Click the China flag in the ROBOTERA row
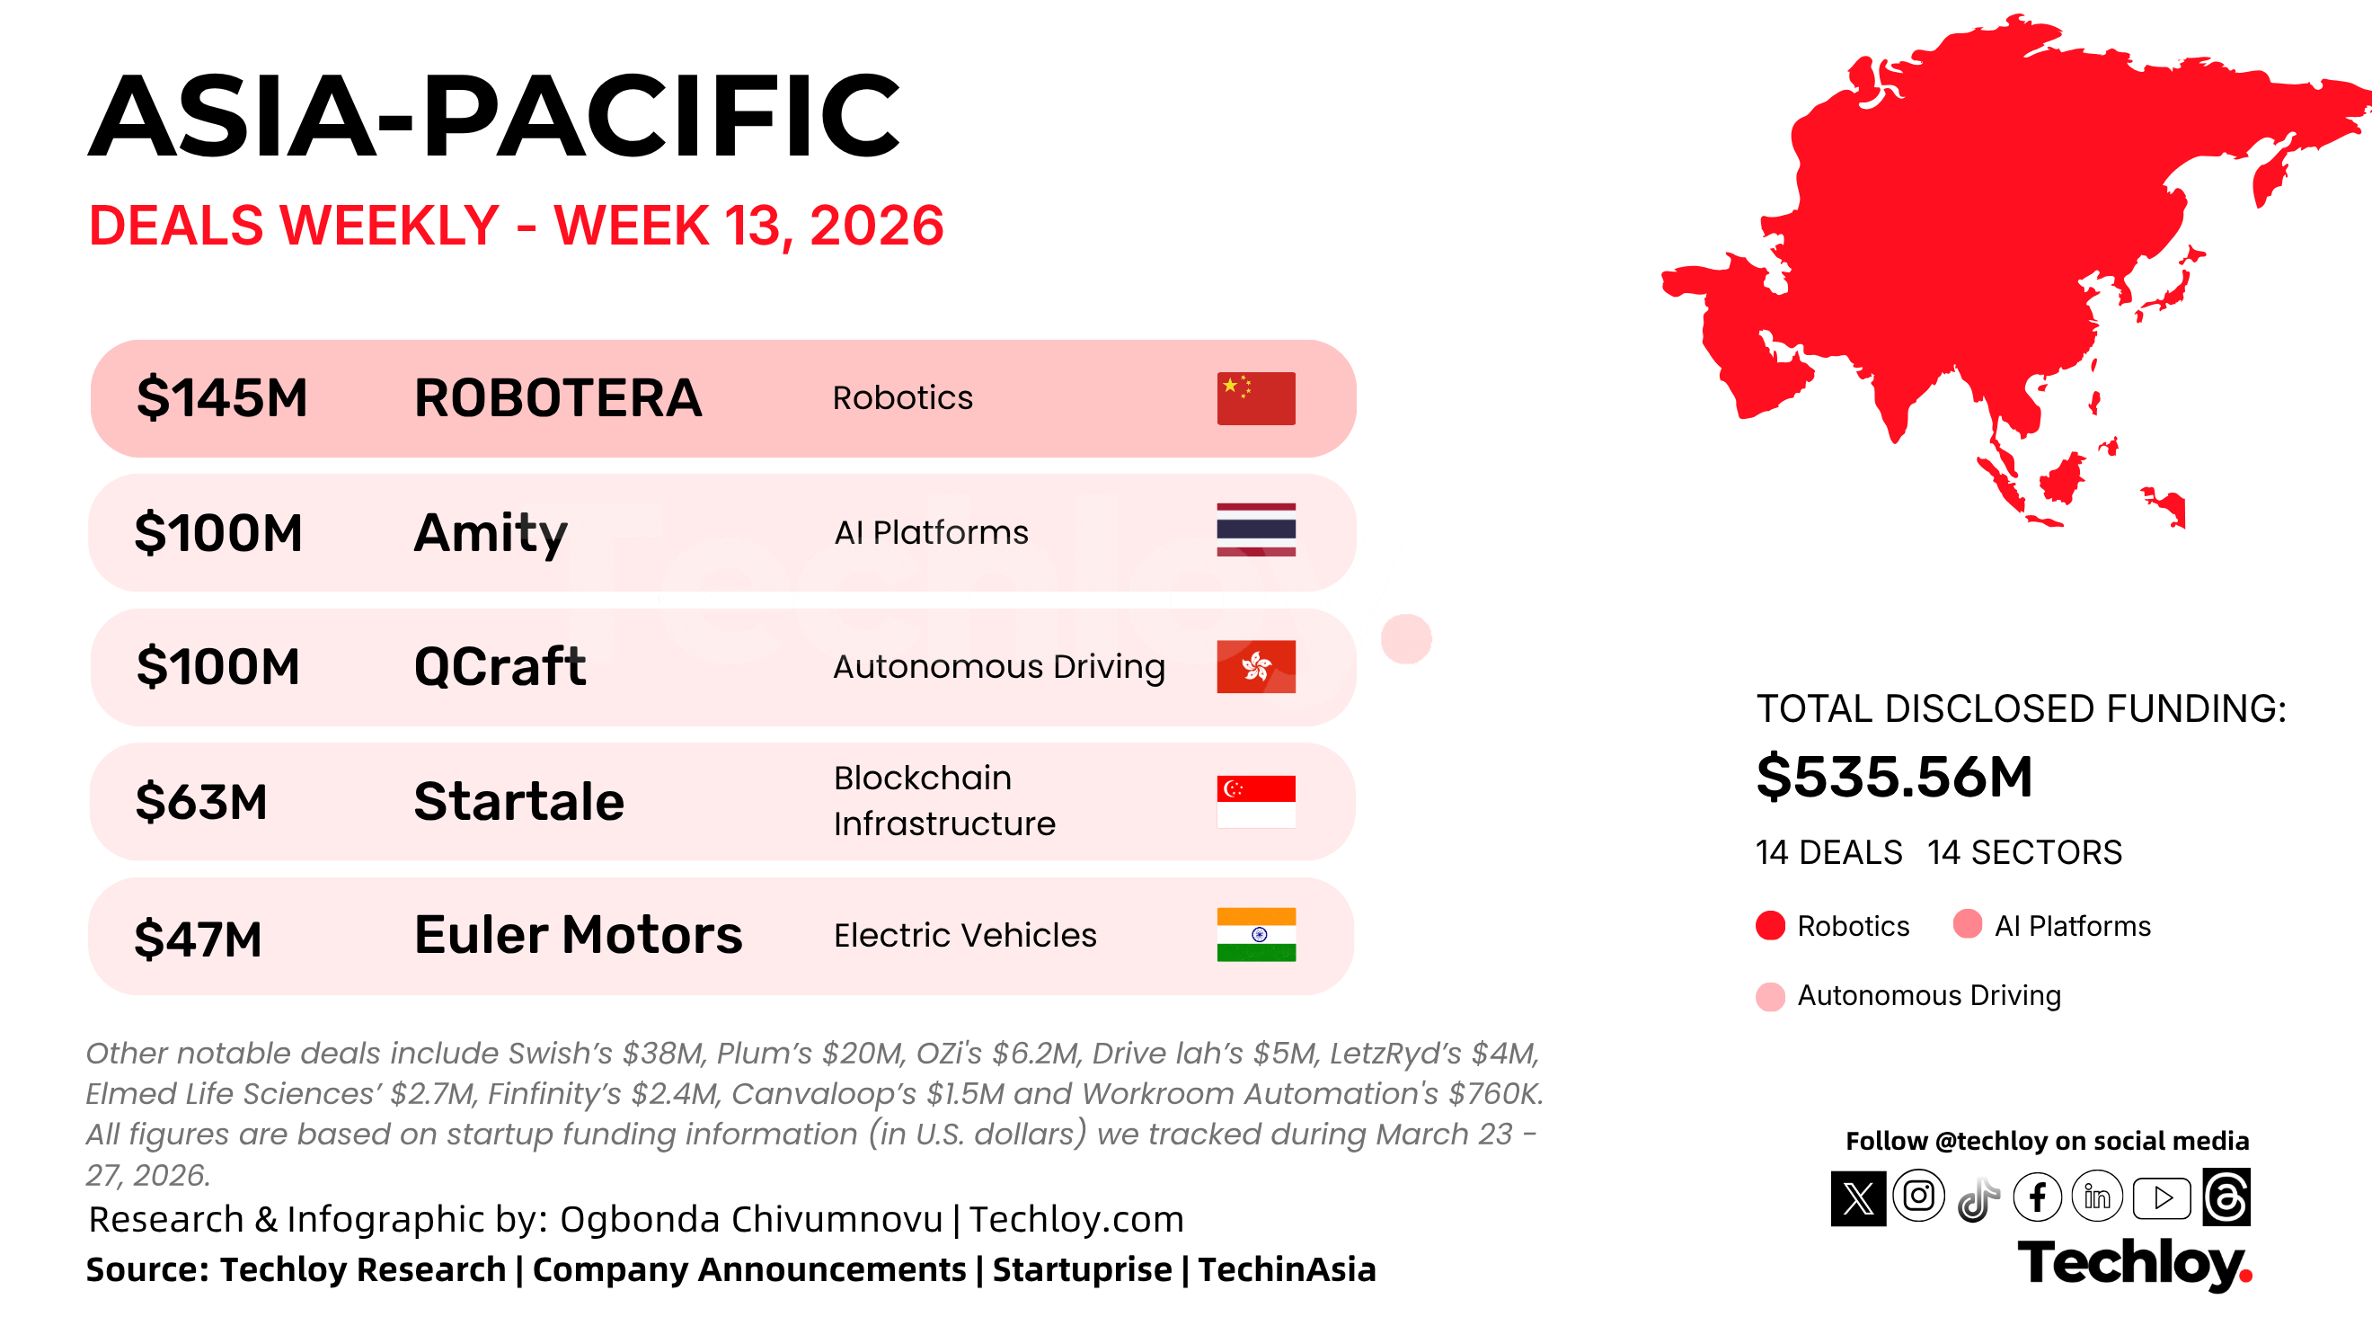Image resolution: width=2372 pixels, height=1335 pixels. pyautogui.click(x=1256, y=398)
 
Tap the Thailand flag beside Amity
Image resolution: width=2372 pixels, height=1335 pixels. pyautogui.click(x=1256, y=530)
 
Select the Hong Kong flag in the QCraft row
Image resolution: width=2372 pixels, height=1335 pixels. pyautogui.click(x=1256, y=666)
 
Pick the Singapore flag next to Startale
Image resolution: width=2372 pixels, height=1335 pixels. pyautogui.click(x=1256, y=802)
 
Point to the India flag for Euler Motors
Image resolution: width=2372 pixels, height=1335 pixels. pyautogui.click(x=1256, y=934)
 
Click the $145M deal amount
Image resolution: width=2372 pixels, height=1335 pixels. pyautogui.click(x=222, y=398)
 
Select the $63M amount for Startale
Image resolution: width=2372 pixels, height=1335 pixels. pyautogui.click(x=200, y=802)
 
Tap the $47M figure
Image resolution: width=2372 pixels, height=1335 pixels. pyautogui.click(x=198, y=939)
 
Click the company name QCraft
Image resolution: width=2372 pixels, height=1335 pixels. pyautogui.click(x=500, y=667)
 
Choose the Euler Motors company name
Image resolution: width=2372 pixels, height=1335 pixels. pyautogui.click(x=579, y=934)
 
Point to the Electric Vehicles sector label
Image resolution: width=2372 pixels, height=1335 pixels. pyautogui.click(x=965, y=935)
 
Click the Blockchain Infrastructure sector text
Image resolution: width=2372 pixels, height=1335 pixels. pyautogui.click(x=944, y=801)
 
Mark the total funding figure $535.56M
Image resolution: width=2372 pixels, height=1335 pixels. pyautogui.click(x=1894, y=777)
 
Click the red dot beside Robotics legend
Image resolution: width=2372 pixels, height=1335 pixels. pyautogui.click(x=1770, y=925)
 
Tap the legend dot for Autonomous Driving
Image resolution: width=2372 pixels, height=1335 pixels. pyautogui.click(x=1770, y=996)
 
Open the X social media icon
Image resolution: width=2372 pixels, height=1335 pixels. pyautogui.click(x=1858, y=1197)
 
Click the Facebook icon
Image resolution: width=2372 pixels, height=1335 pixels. pyautogui.click(x=2037, y=1197)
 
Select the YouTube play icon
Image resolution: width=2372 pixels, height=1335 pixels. pyautogui.click(x=2162, y=1197)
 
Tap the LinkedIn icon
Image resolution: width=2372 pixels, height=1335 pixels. pyautogui.click(x=2097, y=1197)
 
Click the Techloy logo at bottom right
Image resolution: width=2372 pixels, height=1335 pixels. pyautogui.click(x=2135, y=1264)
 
